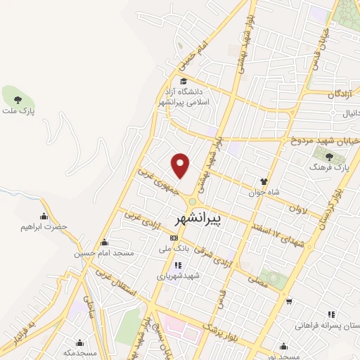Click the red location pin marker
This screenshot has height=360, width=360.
(x=181, y=165)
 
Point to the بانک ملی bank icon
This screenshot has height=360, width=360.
(x=174, y=238)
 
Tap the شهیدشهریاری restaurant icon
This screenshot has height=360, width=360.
(x=178, y=266)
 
